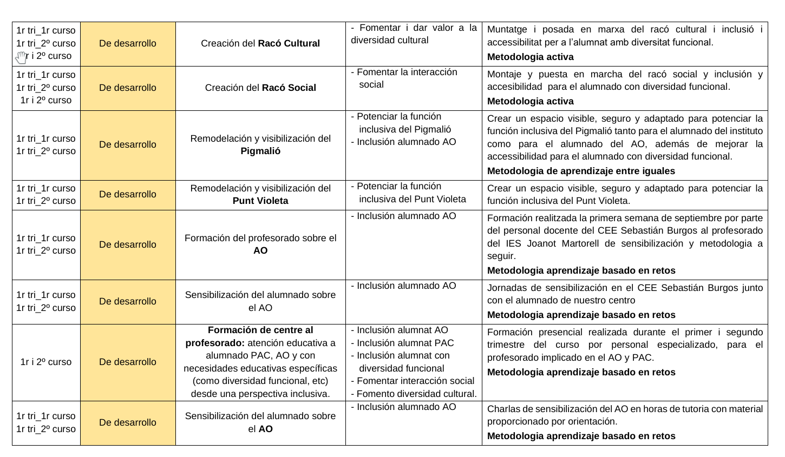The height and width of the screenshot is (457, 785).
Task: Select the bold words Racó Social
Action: tap(289, 88)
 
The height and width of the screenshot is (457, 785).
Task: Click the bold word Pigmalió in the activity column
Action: tap(260, 151)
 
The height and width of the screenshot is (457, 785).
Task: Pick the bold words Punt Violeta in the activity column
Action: tap(260, 201)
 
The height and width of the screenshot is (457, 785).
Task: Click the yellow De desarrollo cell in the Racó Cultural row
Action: tap(128, 43)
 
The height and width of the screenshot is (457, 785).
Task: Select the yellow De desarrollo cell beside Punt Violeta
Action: tap(128, 195)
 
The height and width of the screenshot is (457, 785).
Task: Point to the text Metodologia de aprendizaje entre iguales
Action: tap(581, 171)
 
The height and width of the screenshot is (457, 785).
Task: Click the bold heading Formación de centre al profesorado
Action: tap(249, 336)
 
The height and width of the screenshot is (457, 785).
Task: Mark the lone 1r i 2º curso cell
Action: tap(46, 362)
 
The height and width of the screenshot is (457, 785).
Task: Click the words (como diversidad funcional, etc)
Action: tap(260, 381)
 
